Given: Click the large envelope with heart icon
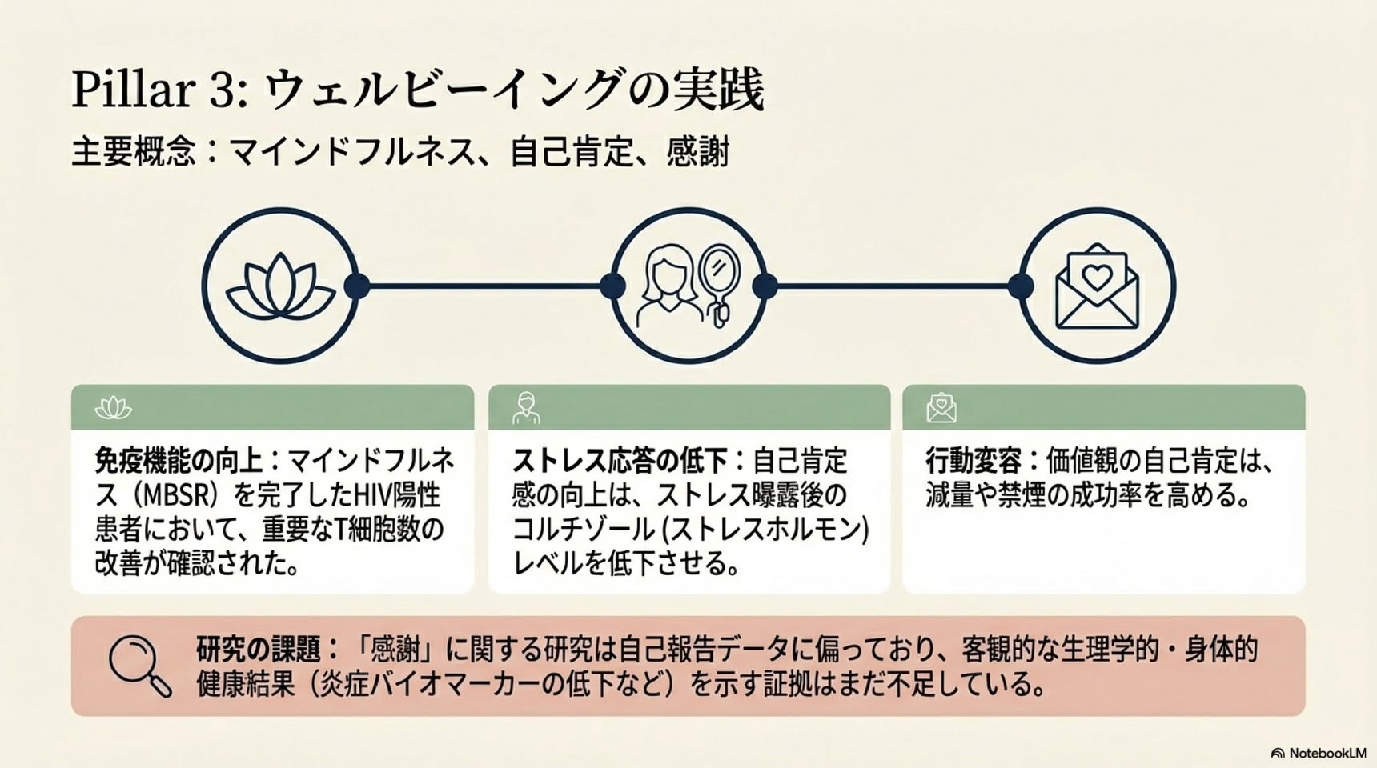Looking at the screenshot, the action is coord(1097,286).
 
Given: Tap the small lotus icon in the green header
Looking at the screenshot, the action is coord(113,408).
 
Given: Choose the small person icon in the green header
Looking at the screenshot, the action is coord(526,408).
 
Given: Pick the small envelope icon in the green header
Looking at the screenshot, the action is coord(941,408).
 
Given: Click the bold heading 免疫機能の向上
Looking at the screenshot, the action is coord(179,462).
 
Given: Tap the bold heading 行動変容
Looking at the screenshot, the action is coord(973,462).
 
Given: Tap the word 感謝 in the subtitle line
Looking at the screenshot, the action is coord(697,152).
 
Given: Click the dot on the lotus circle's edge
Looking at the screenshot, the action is coord(357,286).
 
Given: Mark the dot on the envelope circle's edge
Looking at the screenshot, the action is coord(1020,286).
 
